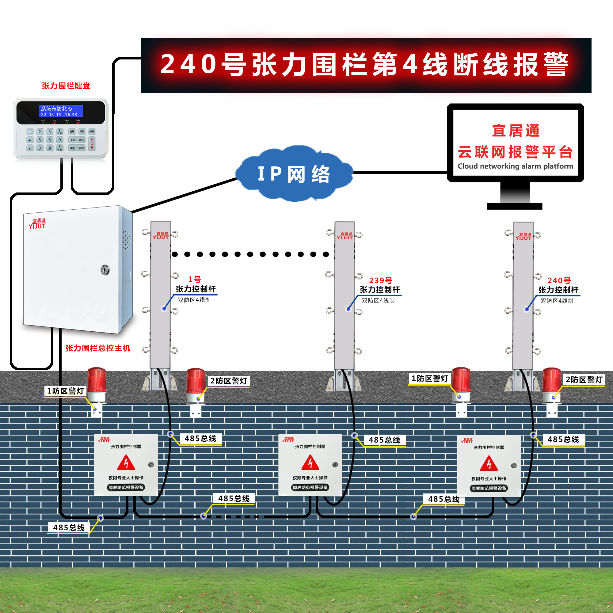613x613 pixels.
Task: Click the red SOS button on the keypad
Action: [x=92, y=144]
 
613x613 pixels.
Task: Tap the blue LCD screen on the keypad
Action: [x=61, y=111]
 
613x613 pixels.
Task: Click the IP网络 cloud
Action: [x=294, y=174]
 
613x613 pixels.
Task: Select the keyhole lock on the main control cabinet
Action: [x=105, y=270]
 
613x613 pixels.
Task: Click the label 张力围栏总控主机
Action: [x=98, y=348]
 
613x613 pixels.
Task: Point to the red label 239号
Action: [x=380, y=280]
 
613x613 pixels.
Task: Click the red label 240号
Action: [x=559, y=280]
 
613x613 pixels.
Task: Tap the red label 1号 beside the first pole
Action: [x=194, y=279]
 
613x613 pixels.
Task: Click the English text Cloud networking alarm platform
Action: [x=515, y=166]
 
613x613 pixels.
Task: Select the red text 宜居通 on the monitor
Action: [x=516, y=131]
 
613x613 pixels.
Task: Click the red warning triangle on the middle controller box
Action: [x=310, y=463]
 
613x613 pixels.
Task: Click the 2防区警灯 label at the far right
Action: [x=584, y=380]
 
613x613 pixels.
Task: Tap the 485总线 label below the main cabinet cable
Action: [x=69, y=528]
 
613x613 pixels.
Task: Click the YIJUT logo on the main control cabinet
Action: [x=37, y=224]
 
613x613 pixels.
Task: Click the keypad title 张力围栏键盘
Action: [x=66, y=86]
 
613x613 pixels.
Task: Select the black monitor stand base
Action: [x=515, y=206]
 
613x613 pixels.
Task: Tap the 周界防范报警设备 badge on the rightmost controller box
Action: [x=489, y=488]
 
